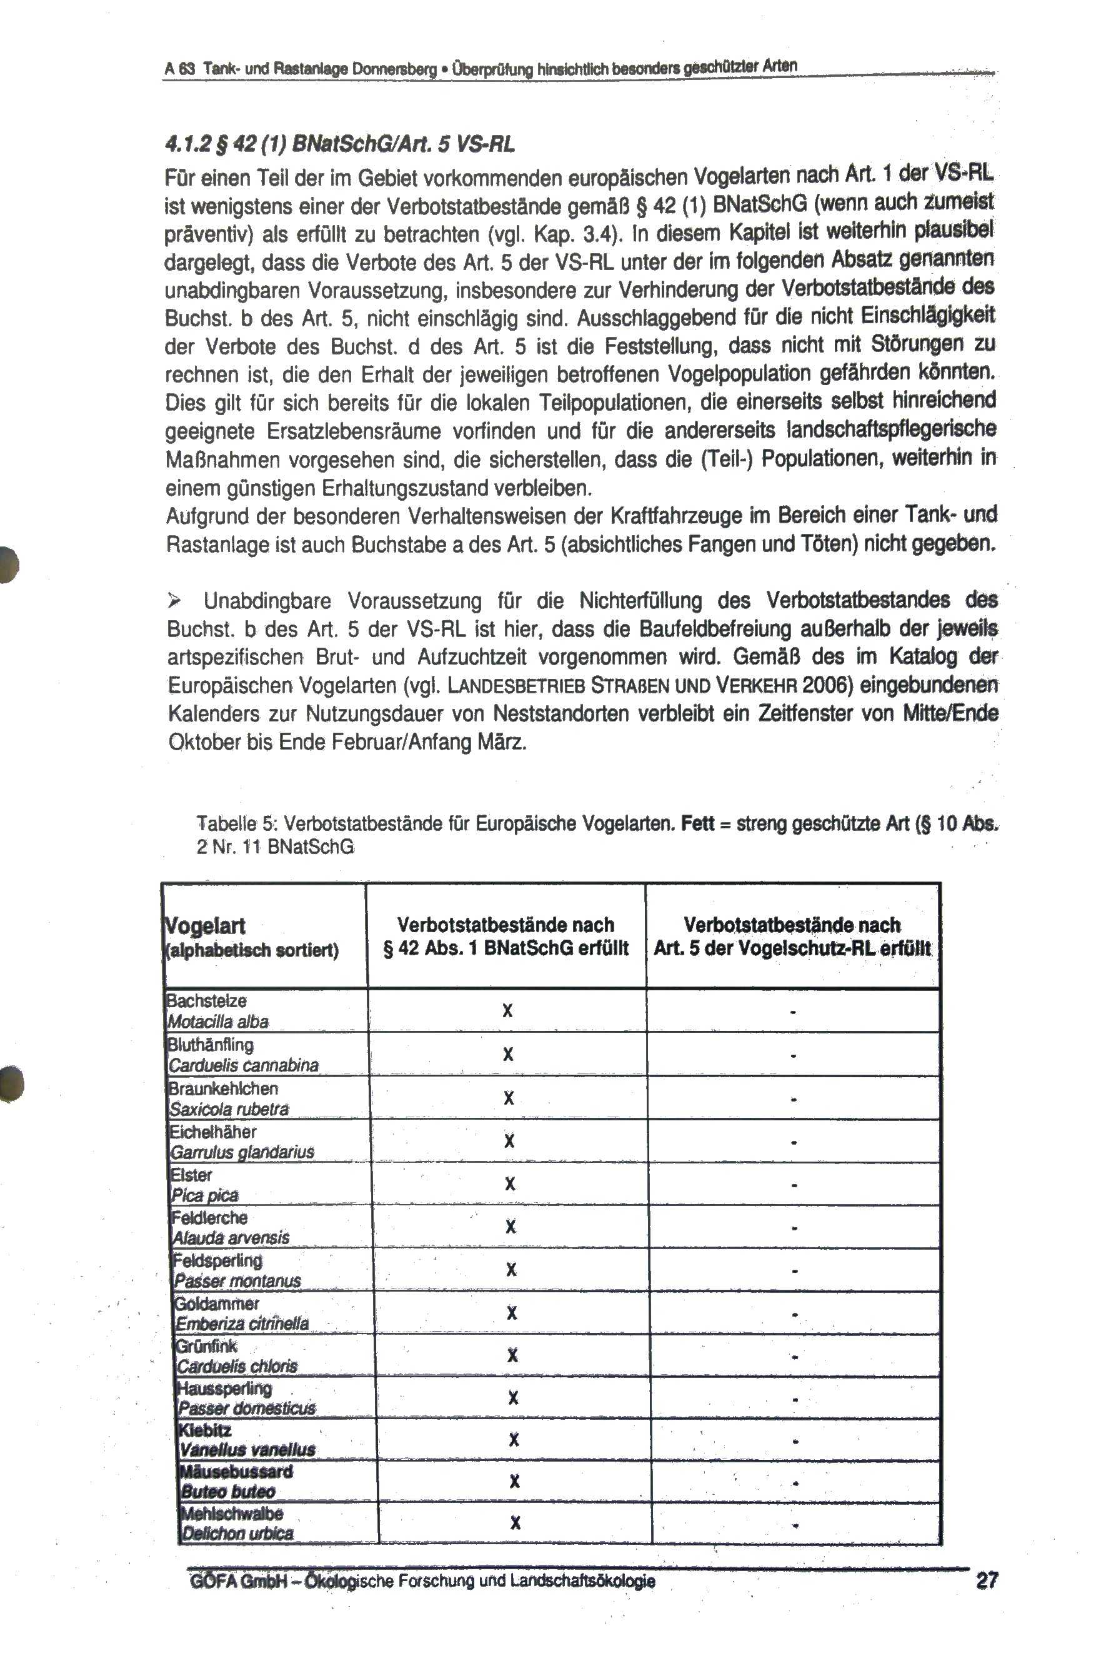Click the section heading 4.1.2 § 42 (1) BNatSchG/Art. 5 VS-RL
(x=339, y=144)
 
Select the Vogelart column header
(x=206, y=926)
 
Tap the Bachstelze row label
(x=206, y=1001)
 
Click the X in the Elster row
(x=509, y=1184)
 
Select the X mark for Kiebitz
(x=514, y=1440)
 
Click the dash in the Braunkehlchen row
(x=794, y=1100)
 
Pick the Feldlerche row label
(x=210, y=1218)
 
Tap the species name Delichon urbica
(x=237, y=1534)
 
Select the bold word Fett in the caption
(x=697, y=824)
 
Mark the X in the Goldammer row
(x=512, y=1313)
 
